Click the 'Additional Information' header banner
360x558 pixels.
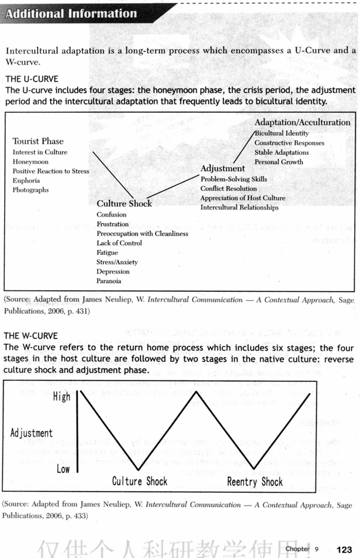(71, 13)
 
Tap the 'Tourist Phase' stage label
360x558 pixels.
(38, 141)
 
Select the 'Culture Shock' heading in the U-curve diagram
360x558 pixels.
(124, 204)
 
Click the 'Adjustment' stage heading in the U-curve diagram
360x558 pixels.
(223, 169)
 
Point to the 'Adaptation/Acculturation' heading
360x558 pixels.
(302, 122)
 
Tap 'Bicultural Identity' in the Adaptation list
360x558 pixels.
(281, 134)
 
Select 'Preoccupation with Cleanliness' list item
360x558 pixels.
(142, 234)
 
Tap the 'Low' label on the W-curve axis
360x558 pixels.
(63, 469)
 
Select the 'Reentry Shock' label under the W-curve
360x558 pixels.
(255, 482)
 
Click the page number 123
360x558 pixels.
(344, 549)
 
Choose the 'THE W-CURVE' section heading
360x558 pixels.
(31, 336)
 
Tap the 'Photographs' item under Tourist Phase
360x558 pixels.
(31, 190)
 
